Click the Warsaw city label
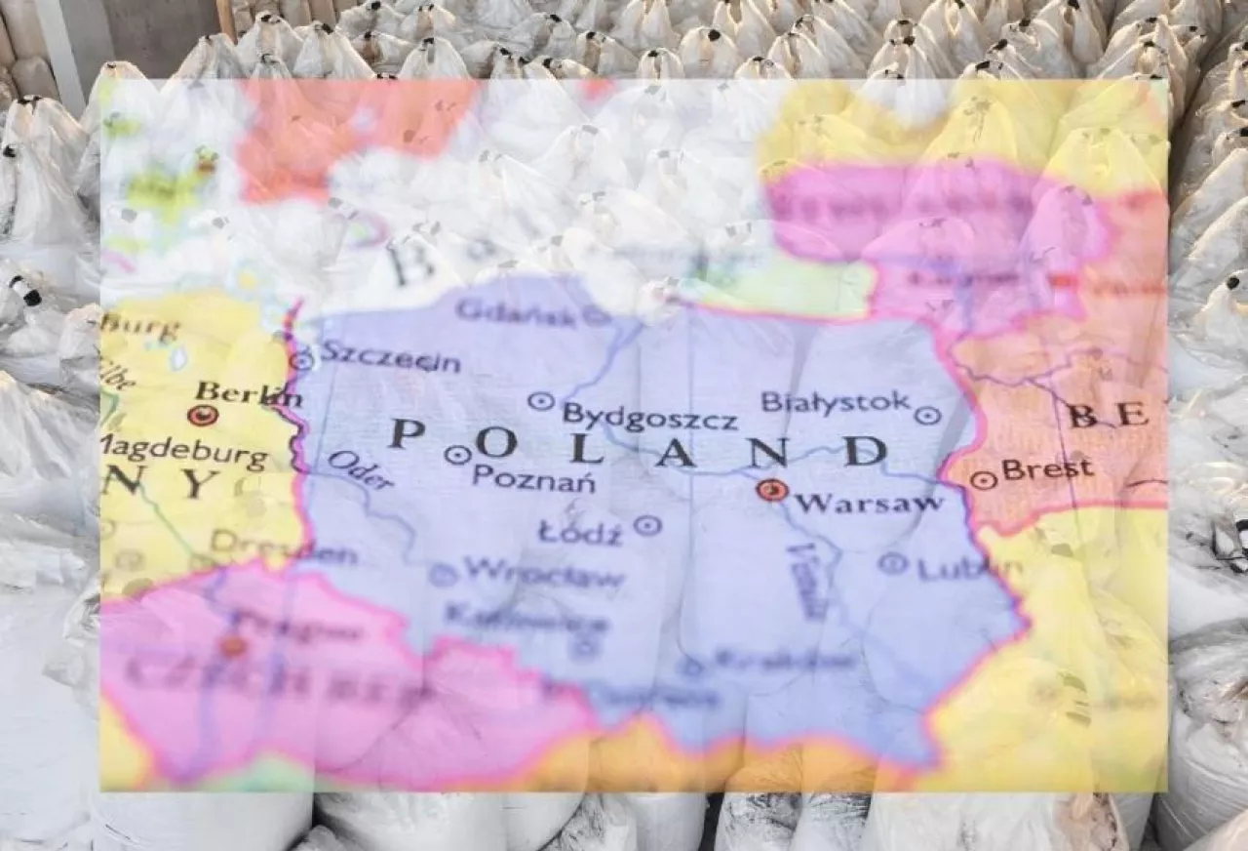(x=868, y=504)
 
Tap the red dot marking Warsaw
(x=772, y=490)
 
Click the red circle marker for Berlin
(x=202, y=416)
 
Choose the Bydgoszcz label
(x=649, y=417)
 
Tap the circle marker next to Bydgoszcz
(x=540, y=401)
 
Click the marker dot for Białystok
(x=927, y=416)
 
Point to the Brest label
(x=1047, y=470)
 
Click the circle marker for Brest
(x=983, y=480)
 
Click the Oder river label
(x=361, y=469)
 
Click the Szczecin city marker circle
(x=302, y=361)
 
